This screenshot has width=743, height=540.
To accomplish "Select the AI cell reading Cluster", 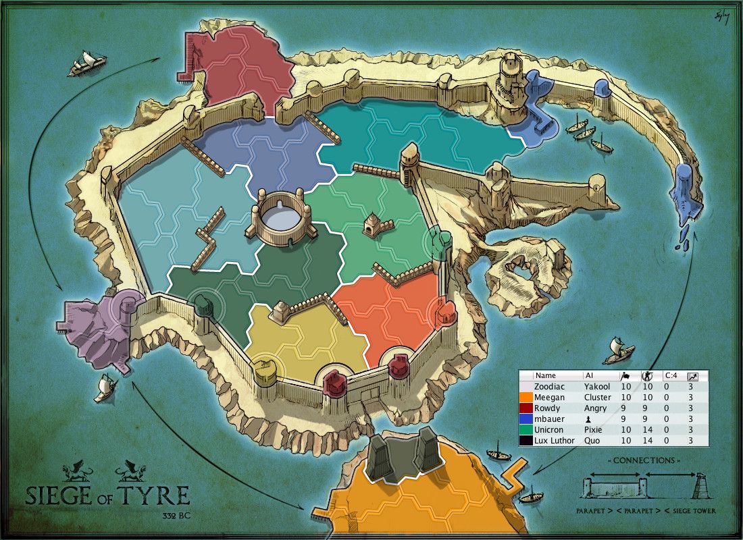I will (597, 398).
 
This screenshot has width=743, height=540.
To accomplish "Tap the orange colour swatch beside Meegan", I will (526, 398).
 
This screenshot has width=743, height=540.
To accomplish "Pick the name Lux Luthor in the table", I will (554, 441).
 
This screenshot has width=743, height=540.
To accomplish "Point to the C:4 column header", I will (671, 375).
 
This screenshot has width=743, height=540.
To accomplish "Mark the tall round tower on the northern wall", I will (508, 81).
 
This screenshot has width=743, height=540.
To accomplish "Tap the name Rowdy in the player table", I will (546, 408).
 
